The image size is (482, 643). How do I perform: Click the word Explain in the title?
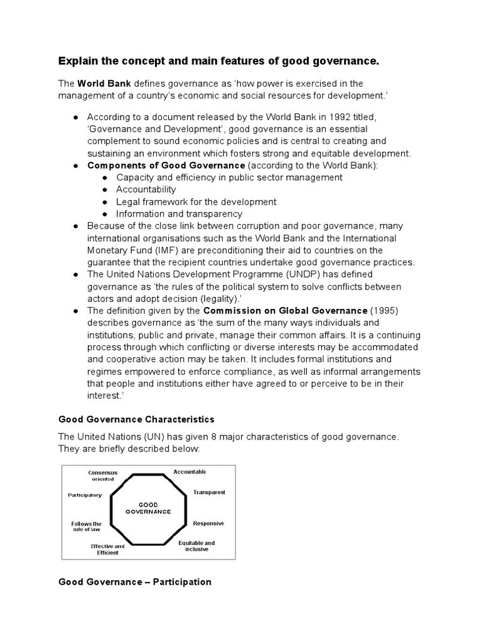tap(78, 61)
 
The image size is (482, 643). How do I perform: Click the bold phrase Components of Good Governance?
tap(166, 165)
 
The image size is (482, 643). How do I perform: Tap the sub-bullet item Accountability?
tap(146, 190)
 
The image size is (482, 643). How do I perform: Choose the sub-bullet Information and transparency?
tap(179, 213)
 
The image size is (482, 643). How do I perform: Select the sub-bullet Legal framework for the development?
tap(196, 202)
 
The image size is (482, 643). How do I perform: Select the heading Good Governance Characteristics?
tap(136, 419)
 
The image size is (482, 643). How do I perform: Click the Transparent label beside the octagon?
tap(209, 492)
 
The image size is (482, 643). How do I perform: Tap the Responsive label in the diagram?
tap(208, 523)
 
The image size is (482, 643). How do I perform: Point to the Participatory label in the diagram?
tap(85, 495)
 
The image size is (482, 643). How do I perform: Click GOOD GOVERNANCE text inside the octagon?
tap(148, 508)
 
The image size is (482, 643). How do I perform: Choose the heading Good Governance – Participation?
tap(135, 582)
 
